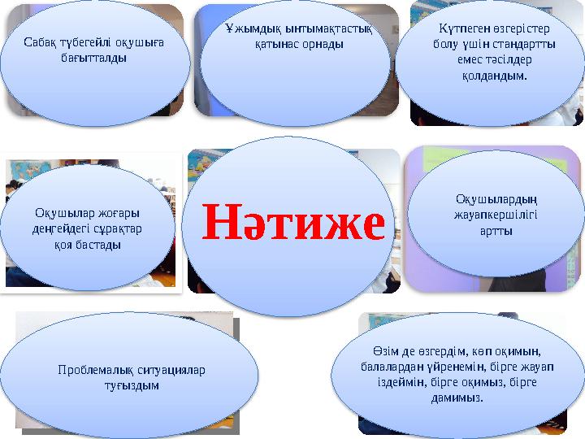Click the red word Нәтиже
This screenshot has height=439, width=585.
point(292,223)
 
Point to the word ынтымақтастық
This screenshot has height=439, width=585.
point(323,29)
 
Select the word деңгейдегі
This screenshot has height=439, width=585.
point(54,228)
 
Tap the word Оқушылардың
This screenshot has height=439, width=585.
point(495,199)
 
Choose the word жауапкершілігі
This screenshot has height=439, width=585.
point(495,215)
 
